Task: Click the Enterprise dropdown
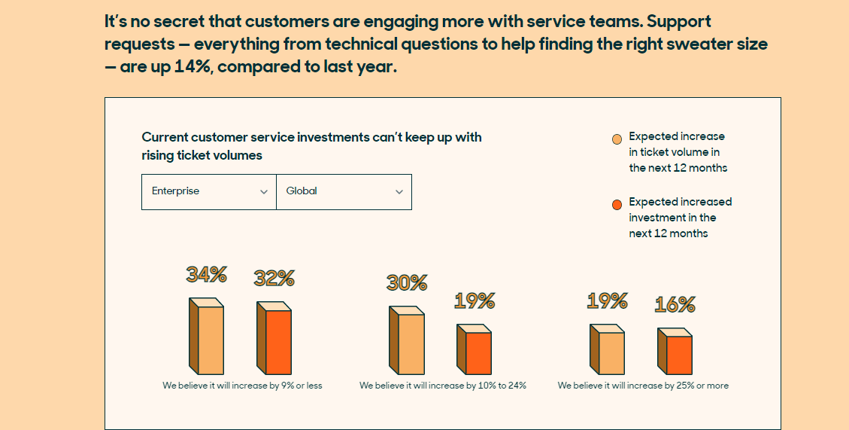(x=208, y=191)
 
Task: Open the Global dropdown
(x=344, y=191)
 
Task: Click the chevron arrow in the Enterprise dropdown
(x=264, y=192)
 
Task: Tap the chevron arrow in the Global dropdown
(x=399, y=192)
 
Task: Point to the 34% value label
(x=207, y=275)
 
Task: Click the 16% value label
(x=675, y=304)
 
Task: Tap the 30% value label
(x=407, y=282)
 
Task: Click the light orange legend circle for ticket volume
(x=617, y=139)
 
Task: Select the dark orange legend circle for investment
(x=617, y=204)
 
